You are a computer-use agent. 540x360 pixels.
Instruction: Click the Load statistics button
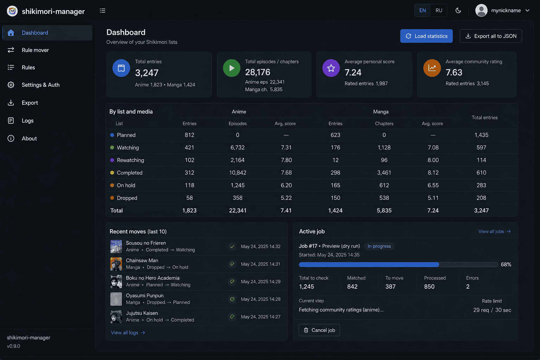click(x=426, y=36)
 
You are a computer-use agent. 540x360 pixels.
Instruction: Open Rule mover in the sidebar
click(x=35, y=50)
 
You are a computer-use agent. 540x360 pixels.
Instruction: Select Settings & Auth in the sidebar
click(x=40, y=85)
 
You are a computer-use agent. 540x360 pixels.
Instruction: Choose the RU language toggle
click(x=439, y=10)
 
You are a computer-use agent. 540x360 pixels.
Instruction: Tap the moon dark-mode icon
click(x=458, y=10)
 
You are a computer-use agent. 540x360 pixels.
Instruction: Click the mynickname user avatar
click(x=481, y=10)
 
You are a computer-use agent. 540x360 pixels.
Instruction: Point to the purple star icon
click(x=331, y=68)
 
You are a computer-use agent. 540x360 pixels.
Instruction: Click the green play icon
click(x=231, y=68)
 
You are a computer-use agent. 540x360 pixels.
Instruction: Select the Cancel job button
click(x=319, y=330)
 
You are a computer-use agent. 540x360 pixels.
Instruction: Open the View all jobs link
click(x=494, y=231)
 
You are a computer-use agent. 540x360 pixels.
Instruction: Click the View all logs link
click(x=128, y=333)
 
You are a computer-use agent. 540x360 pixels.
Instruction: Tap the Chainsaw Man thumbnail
click(x=116, y=264)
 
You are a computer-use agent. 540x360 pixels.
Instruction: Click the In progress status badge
click(x=379, y=246)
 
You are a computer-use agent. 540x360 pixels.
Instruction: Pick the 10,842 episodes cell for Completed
click(x=237, y=173)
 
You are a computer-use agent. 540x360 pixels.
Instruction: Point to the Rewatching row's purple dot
click(x=112, y=160)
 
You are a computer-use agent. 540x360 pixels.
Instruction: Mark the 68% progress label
click(x=506, y=264)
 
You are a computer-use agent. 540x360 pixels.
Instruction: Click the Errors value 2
click(x=468, y=287)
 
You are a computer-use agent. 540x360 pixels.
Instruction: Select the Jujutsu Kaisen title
click(x=142, y=313)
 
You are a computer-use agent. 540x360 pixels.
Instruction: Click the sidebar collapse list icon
click(x=102, y=11)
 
